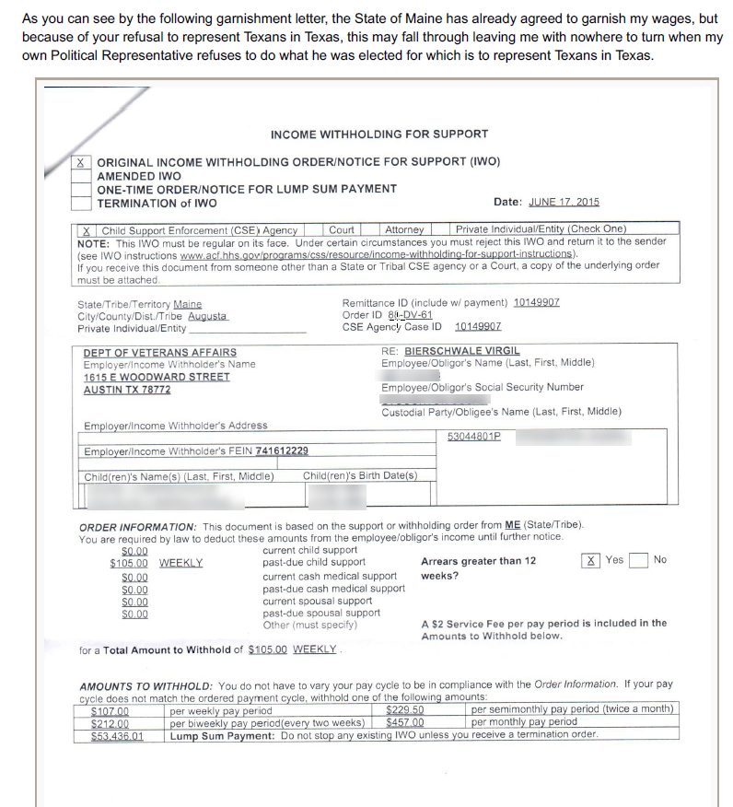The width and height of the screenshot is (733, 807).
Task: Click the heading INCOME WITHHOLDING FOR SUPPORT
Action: coord(378,134)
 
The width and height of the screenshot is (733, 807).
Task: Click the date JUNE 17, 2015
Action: coord(564,203)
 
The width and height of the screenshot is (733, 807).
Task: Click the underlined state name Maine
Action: coord(187,305)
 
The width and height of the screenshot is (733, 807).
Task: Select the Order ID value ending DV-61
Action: coord(410,314)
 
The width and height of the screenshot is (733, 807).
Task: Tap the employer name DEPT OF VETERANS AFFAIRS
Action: coord(159,352)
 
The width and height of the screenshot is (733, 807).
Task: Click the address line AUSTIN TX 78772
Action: coord(127,390)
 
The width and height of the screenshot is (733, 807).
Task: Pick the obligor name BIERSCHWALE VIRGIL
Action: coord(461,351)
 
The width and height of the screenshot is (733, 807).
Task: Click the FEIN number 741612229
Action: coord(282,450)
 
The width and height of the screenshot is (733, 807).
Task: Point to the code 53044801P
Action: coord(474,436)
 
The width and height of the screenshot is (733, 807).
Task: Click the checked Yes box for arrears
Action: coord(591,560)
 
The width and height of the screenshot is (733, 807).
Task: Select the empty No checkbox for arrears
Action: coord(638,560)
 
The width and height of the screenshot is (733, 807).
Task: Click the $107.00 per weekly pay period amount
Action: coord(110,710)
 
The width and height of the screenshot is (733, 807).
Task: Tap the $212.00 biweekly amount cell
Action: coord(110,723)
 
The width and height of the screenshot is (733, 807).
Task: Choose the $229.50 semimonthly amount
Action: coord(404,710)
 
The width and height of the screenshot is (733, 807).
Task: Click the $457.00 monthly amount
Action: coord(404,723)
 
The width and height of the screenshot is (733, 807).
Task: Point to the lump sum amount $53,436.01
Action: coord(117,736)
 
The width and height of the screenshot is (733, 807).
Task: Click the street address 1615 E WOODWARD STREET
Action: coord(157,378)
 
